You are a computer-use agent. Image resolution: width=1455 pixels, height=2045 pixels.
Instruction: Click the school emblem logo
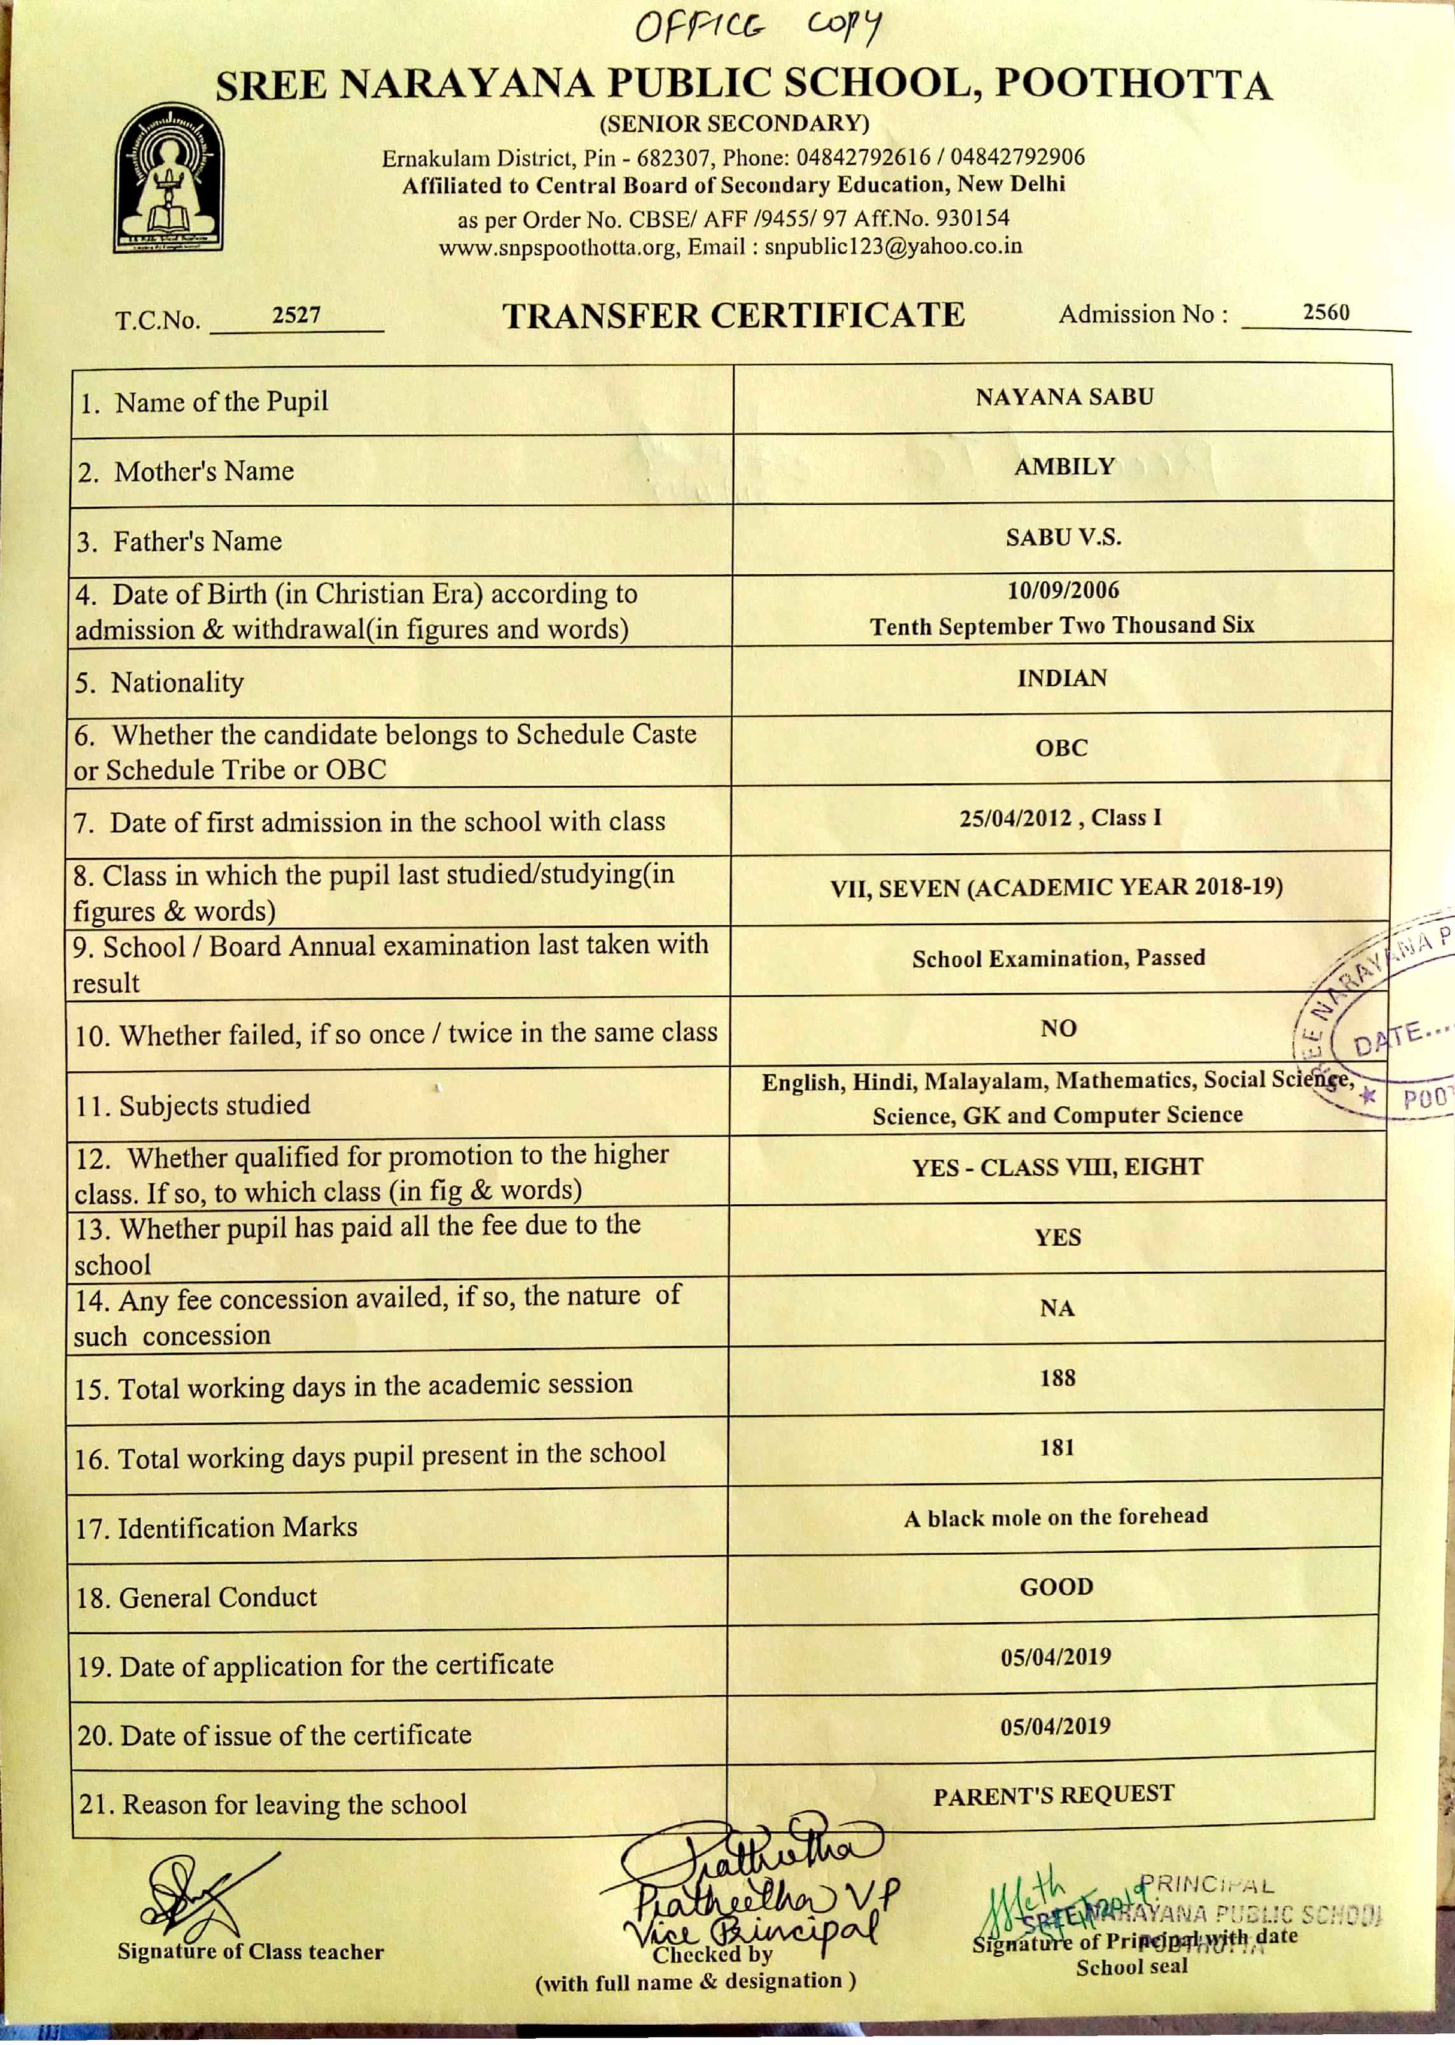click(169, 178)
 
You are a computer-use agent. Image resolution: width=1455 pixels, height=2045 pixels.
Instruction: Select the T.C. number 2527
click(296, 315)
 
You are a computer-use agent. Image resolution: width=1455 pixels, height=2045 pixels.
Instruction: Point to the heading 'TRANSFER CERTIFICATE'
click(733, 316)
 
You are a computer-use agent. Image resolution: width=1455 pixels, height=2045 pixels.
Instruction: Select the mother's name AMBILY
click(1063, 467)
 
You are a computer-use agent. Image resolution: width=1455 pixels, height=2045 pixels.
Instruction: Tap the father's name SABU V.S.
click(1063, 537)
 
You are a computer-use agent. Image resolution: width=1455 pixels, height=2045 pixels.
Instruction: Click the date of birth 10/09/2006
click(1063, 590)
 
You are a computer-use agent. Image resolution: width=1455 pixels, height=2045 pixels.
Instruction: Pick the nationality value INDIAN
click(1062, 678)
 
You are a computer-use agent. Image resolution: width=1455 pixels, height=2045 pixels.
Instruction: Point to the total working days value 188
click(1057, 1378)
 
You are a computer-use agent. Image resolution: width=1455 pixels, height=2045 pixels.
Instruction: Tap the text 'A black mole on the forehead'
click(1056, 1517)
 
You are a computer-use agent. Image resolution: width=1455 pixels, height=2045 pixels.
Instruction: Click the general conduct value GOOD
click(1056, 1587)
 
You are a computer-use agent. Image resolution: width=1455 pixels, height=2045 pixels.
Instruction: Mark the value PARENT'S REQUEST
click(1054, 1795)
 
